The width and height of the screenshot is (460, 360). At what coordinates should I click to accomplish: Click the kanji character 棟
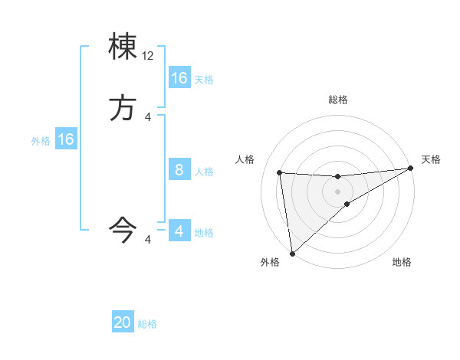pos(123,47)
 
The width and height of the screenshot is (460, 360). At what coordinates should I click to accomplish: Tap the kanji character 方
pos(123,108)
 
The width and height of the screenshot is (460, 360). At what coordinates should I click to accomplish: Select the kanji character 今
pos(123,228)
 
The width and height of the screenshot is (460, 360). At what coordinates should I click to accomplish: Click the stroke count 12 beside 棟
pos(148,56)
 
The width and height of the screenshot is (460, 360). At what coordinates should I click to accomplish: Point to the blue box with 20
pos(123,323)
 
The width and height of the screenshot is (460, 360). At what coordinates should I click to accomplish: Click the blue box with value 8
pos(179,170)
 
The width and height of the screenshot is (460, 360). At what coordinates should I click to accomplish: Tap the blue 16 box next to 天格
pos(179,78)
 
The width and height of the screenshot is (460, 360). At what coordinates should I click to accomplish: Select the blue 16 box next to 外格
pos(66,139)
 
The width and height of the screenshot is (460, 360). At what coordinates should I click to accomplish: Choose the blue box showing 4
pos(179,231)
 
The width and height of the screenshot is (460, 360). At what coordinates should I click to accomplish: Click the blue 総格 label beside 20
pos(147,324)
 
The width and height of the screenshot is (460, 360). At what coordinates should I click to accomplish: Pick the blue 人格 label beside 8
pos(204,171)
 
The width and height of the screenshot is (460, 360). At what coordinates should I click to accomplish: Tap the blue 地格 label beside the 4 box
pos(204,232)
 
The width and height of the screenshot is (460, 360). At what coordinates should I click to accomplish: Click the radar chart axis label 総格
pos(338,100)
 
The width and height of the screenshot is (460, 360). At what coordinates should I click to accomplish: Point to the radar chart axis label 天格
pos(431,159)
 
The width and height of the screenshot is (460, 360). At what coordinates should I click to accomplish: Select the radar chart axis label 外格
pos(270,262)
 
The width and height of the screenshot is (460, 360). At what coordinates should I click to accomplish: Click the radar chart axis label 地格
pos(402,262)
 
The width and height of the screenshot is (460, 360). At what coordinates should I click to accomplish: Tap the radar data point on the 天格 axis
pos(410,168)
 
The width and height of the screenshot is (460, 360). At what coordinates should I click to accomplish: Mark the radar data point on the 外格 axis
pos(292,253)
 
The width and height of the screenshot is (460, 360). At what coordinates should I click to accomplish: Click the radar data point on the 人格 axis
pos(279,172)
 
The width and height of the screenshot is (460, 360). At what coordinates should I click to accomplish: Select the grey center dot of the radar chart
pos(338,191)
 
